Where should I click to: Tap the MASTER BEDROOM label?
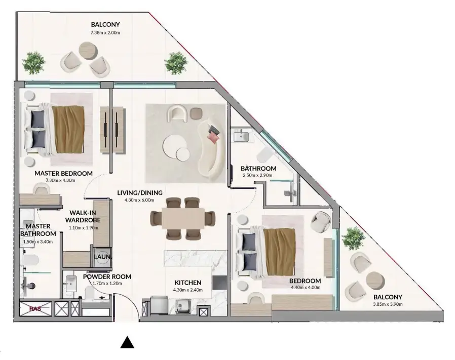point(63,173)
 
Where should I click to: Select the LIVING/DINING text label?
point(139,192)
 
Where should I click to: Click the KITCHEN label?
point(188,283)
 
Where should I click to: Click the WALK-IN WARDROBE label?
point(83,217)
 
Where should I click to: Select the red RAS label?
point(35,308)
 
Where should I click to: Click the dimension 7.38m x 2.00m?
point(105,33)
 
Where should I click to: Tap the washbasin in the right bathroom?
point(241,136)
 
